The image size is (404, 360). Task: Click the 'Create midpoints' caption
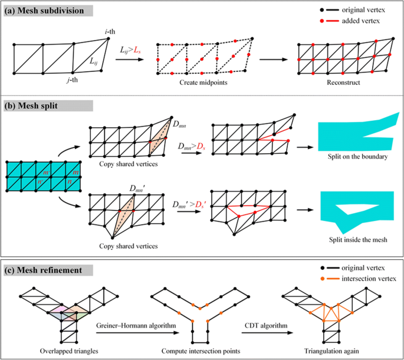click(x=204, y=84)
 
